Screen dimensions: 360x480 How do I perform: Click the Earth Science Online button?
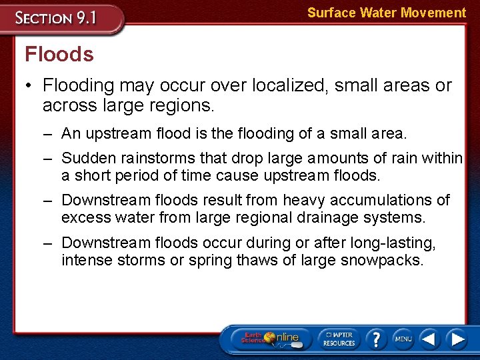click(271, 339)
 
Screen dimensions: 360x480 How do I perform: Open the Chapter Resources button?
click(339, 339)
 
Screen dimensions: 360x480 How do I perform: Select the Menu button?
click(403, 339)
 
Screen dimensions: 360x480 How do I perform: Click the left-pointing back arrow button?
click(429, 339)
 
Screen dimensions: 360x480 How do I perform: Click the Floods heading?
click(59, 54)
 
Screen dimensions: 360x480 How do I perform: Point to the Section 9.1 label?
click(57, 17)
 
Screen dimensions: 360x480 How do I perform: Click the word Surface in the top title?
click(331, 13)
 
